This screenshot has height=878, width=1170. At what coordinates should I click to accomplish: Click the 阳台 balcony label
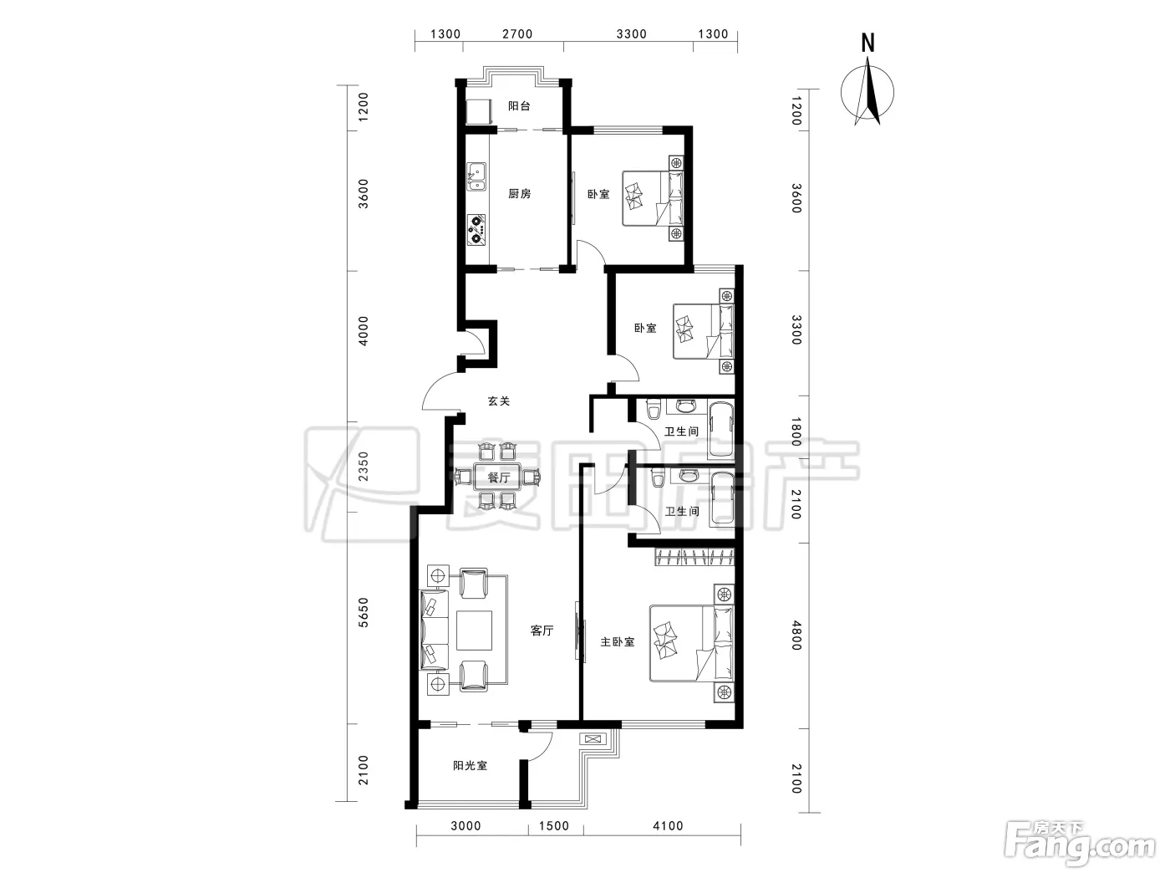pos(519,106)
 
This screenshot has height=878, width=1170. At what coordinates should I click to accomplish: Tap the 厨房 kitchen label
pos(519,193)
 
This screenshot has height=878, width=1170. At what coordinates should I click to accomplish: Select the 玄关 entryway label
pos(499,401)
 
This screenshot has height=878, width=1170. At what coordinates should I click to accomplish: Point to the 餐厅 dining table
pos(497,477)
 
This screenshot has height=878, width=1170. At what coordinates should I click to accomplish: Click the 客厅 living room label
pos(542,630)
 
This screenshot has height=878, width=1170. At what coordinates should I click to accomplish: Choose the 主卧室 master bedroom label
pos(618,642)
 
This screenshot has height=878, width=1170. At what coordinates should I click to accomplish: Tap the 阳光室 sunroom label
pos(470,765)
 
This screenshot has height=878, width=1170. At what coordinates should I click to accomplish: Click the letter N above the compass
pos(867,43)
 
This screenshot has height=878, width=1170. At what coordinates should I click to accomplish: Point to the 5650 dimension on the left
pos(363,613)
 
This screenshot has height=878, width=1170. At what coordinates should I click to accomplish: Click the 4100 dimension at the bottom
pos(668,826)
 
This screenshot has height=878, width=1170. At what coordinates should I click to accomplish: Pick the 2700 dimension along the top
pos(517,34)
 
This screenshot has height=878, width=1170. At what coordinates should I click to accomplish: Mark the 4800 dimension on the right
pos(796,636)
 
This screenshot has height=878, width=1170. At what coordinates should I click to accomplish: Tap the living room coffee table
pos(474,630)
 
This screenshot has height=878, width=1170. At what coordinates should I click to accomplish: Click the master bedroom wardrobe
pos(694,557)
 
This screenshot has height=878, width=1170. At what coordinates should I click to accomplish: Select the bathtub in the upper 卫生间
pos(720,430)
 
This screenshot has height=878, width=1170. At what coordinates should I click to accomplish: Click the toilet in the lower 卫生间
pos(658,477)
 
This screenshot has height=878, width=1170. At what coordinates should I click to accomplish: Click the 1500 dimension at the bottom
pos(554,826)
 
